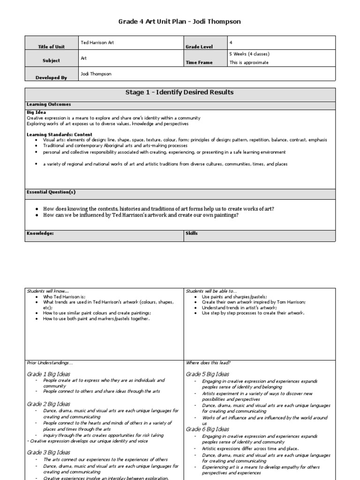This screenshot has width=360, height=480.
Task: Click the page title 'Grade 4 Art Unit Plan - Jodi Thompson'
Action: pyautogui.click(x=180, y=22)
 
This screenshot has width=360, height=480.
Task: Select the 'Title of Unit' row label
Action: pyautogui.click(x=52, y=47)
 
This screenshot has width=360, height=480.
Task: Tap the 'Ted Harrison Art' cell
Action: pyautogui.click(x=97, y=43)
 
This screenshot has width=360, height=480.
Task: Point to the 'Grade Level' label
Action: pyautogui.click(x=199, y=47)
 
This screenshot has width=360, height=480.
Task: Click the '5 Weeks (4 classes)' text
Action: pyautogui.click(x=249, y=54)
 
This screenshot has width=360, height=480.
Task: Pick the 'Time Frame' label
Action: pyautogui.click(x=199, y=62)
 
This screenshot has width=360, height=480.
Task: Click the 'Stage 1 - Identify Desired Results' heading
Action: pyautogui.click(x=180, y=92)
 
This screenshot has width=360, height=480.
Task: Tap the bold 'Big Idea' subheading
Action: pyautogui.click(x=36, y=113)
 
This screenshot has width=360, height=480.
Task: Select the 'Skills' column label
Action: pyautogui.click(x=192, y=233)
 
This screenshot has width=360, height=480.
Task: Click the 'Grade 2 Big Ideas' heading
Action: pyautogui.click(x=49, y=404)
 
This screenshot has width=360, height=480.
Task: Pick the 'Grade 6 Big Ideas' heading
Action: pyautogui.click(x=208, y=429)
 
